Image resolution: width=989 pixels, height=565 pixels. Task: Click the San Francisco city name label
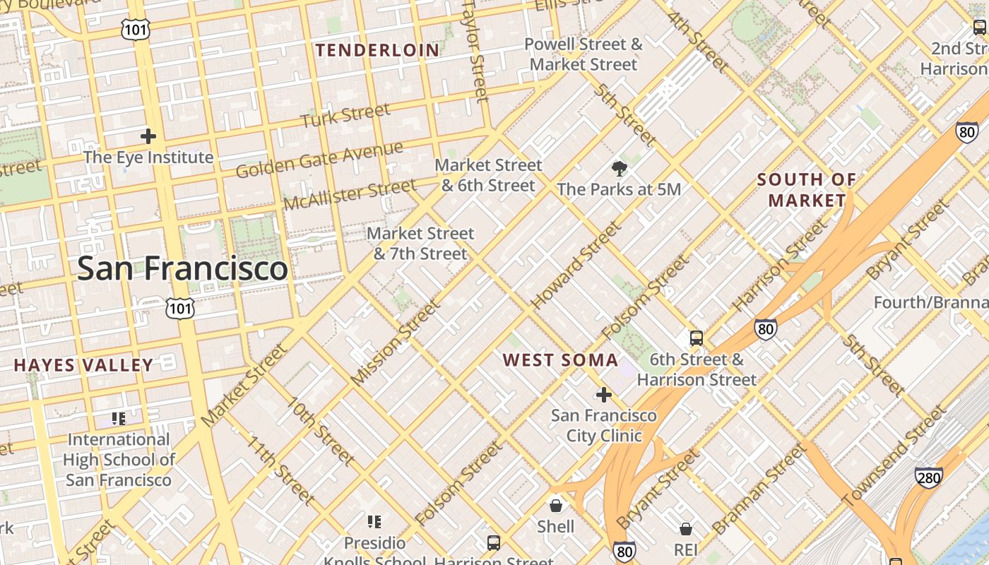click(x=182, y=268)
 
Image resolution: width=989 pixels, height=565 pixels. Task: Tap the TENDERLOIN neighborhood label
click(x=377, y=50)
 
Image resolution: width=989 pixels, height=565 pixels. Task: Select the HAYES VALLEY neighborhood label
click(x=83, y=365)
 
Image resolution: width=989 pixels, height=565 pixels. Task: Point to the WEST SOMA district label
click(x=560, y=360)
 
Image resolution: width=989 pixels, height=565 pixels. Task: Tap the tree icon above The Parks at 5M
click(x=620, y=169)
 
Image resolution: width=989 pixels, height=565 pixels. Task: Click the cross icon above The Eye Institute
click(x=148, y=136)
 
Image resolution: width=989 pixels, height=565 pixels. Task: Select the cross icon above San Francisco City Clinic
click(x=603, y=395)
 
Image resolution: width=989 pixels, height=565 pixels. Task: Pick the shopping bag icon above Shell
click(x=556, y=506)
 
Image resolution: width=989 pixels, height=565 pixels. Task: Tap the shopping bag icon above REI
click(x=685, y=529)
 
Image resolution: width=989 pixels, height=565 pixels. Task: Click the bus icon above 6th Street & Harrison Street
click(x=697, y=338)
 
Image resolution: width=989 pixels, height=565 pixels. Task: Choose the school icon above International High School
click(x=119, y=419)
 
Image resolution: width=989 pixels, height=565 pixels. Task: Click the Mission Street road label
click(x=395, y=343)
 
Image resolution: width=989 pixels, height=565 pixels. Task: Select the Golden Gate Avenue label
click(x=319, y=160)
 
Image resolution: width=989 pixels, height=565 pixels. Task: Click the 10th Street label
click(x=320, y=431)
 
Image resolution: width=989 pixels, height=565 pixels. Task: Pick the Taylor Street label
click(x=475, y=51)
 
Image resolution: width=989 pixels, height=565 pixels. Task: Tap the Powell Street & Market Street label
click(x=584, y=54)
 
